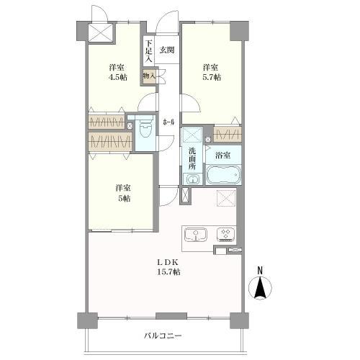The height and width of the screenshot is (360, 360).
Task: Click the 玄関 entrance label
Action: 167,50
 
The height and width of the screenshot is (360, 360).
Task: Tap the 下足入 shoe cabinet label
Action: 149,51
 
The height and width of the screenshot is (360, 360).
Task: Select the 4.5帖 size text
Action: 117,78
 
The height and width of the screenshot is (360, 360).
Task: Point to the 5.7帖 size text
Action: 211,78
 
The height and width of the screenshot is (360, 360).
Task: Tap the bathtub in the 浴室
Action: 224,175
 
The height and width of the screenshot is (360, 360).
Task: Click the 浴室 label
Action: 222,156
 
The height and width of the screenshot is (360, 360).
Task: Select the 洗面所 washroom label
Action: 192,158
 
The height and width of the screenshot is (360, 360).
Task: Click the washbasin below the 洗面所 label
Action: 193,179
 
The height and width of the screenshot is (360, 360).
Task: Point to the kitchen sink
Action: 196,234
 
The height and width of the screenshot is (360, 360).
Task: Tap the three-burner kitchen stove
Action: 226,234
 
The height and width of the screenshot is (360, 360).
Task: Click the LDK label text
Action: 168,263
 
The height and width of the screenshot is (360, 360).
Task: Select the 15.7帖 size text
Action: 168,272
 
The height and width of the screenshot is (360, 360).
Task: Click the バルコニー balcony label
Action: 163,336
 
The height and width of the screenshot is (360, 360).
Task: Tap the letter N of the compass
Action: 260,271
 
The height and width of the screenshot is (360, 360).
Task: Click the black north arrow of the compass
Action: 260,287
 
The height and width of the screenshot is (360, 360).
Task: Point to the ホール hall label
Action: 168,122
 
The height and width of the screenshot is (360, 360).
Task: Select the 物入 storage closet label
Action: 149,76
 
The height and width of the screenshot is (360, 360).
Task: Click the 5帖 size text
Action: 123,199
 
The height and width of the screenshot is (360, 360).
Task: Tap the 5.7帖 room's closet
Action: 227,135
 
